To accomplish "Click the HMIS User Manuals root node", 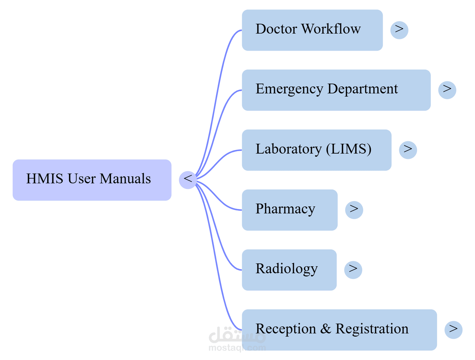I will [92, 180].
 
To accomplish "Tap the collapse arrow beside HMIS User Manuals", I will [188, 180].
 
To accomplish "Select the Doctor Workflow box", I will [312, 30].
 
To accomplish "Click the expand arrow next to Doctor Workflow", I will [399, 30].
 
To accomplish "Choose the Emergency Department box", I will [336, 90].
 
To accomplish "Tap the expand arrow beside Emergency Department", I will [447, 90].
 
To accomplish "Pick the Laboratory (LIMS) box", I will [316, 150].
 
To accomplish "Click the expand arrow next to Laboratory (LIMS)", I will [408, 150].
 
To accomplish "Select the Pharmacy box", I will [290, 210].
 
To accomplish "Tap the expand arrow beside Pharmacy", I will [354, 210].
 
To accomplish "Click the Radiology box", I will [289, 270].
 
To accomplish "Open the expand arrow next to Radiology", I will [353, 270].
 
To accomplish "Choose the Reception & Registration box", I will [339, 330].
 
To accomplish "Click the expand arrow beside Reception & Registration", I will [453, 330].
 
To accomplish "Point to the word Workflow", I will [331, 29].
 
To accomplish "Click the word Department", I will [363, 89].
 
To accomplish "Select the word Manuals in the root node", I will [125, 179].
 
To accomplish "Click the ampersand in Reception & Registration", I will [325, 329].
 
